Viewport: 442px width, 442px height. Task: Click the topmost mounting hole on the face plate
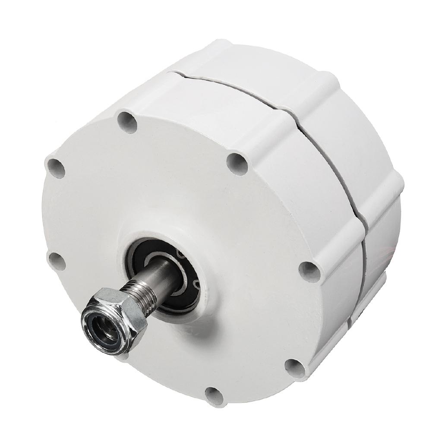(x=127, y=122)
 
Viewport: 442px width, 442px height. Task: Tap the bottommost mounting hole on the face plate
(x=214, y=396)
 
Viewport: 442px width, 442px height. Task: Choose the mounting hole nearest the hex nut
(x=57, y=261)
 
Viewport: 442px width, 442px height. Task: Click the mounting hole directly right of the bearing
(x=309, y=272)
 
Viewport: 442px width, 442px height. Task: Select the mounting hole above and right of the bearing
(x=237, y=164)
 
